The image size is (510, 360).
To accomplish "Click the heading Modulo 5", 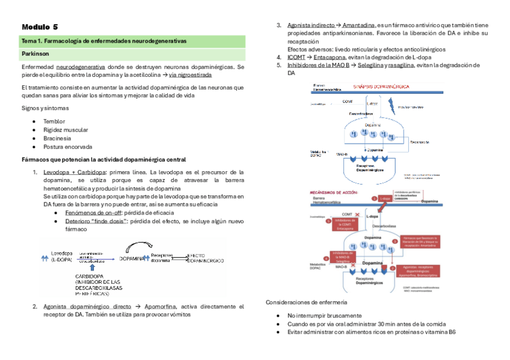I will (40, 27).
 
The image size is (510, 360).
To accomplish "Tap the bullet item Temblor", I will (54, 121).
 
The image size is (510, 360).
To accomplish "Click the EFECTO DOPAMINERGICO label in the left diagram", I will (205, 258).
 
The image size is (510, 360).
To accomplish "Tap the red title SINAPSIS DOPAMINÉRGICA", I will (381, 87).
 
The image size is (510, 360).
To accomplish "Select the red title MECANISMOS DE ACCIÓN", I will (334, 192).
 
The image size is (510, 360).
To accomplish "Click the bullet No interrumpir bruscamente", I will (325, 316).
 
